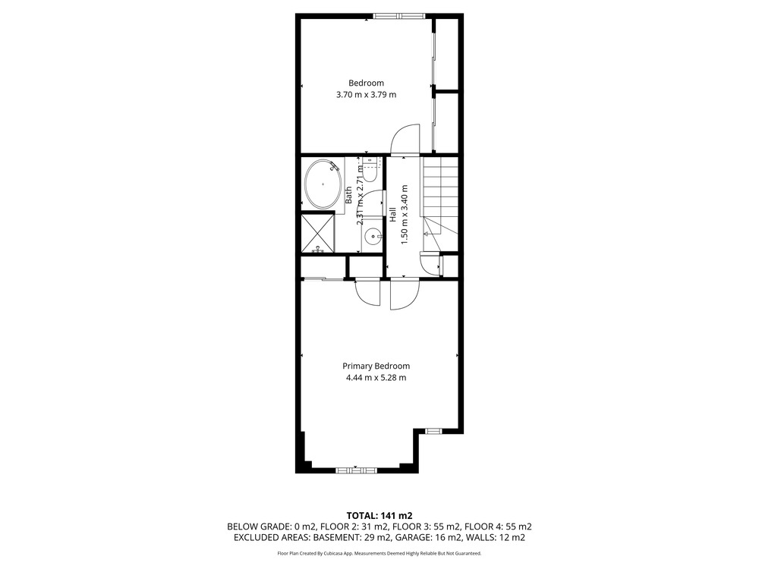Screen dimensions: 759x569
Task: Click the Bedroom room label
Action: [x=366, y=83]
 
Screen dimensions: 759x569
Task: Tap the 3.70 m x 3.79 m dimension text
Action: [x=366, y=95]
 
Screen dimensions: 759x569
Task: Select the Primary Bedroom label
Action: [x=376, y=366]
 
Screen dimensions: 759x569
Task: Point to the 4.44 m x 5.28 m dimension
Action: [x=376, y=378]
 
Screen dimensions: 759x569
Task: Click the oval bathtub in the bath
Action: [x=323, y=184]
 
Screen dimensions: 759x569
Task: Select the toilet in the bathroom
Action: [x=370, y=170]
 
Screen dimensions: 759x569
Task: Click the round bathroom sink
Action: [x=373, y=237]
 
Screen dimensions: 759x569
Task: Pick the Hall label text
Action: [x=393, y=215]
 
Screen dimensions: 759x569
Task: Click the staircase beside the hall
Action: [x=440, y=203]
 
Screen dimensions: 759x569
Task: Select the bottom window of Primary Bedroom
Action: [x=357, y=470]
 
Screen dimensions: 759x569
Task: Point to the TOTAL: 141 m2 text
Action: [x=379, y=516]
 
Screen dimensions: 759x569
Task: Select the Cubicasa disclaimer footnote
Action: [x=379, y=553]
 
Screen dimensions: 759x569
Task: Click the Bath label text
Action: [x=348, y=195]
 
